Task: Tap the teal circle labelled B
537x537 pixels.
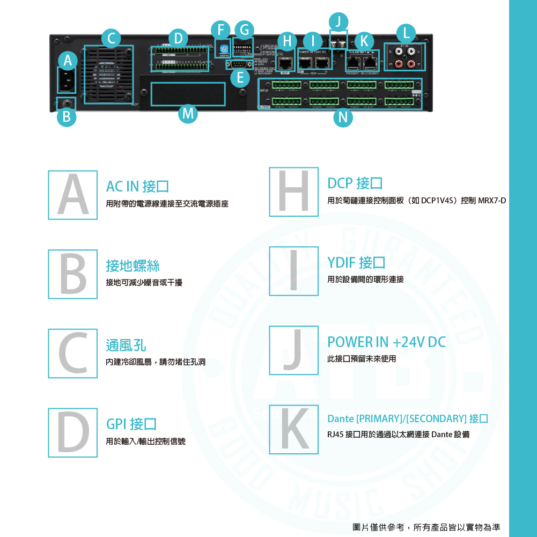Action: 66,117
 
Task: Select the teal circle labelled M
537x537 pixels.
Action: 188,114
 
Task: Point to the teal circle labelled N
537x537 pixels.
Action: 342,118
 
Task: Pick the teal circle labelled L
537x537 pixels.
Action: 406,33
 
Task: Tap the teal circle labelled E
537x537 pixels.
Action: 241,78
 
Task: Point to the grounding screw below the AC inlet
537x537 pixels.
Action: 67,104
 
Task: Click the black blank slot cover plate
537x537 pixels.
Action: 188,94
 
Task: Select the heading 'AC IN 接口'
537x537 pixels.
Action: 137,186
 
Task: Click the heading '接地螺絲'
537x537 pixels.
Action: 133,266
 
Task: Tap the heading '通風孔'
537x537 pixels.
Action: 126,345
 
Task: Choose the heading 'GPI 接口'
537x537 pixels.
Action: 131,424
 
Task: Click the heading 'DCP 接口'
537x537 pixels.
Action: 355,183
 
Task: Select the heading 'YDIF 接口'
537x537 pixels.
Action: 356,263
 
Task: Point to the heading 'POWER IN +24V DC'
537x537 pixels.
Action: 386,342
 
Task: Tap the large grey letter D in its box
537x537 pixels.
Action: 73,432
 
